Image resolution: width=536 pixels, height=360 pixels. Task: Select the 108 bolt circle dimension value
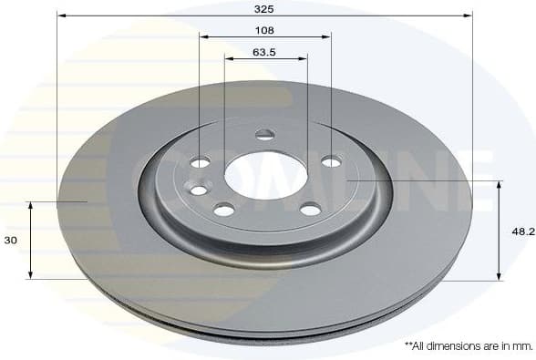tap(264, 28)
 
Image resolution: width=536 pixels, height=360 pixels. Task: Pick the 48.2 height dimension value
tap(522, 231)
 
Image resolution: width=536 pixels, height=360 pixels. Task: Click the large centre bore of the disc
tap(264, 173)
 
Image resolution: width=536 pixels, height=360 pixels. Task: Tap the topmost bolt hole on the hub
tap(265, 135)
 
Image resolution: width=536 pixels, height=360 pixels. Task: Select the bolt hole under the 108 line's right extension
tap(331, 161)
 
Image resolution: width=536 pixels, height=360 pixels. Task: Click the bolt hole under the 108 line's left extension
tap(201, 162)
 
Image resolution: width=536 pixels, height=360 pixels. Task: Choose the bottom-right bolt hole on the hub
tap(310, 209)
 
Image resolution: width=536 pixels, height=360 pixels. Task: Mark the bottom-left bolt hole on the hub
tap(224, 210)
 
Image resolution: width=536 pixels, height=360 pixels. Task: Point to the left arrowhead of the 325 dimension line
tap(60, 15)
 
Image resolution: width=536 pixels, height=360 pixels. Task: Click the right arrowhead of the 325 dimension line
tap(469, 15)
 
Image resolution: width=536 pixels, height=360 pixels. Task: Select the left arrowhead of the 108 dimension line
tap(203, 37)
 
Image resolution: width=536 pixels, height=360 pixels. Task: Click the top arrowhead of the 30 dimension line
tap(31, 205)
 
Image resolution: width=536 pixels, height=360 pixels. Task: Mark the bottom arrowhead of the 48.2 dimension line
tap(499, 276)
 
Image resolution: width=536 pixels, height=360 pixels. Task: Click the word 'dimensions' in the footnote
tap(451, 346)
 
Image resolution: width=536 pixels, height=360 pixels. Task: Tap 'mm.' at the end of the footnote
tap(522, 346)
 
